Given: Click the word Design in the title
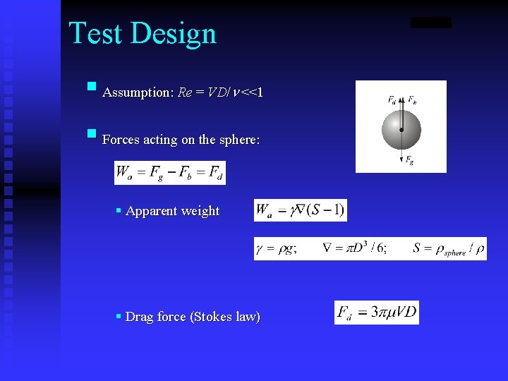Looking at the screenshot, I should [173, 34].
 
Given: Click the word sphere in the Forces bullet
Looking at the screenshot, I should [239, 140].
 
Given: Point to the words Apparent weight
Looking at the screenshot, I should [172, 211].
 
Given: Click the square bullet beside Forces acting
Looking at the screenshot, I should [91, 134].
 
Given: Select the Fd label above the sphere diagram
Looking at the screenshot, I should [392, 100].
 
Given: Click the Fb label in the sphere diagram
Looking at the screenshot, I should [412, 100].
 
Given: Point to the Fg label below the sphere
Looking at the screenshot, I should [409, 161].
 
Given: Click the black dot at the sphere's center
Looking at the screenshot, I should [401, 131].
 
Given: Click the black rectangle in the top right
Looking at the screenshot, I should [430, 23].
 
